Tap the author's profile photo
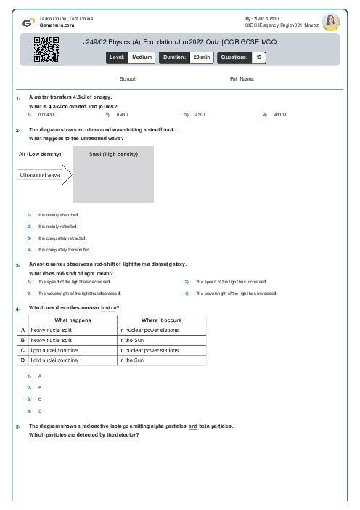point(330,22)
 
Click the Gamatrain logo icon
point(28,22)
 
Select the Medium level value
point(142,56)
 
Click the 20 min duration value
point(201,56)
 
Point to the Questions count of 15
point(258,56)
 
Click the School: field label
point(127,78)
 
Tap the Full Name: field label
point(242,78)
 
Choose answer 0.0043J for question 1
point(46,115)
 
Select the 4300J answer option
point(281,115)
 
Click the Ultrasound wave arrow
point(44,175)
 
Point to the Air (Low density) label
point(39,154)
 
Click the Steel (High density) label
point(113,154)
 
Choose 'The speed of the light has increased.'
point(232,281)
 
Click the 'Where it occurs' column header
point(161,320)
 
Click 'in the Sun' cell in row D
point(131,360)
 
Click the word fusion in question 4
point(110,308)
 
